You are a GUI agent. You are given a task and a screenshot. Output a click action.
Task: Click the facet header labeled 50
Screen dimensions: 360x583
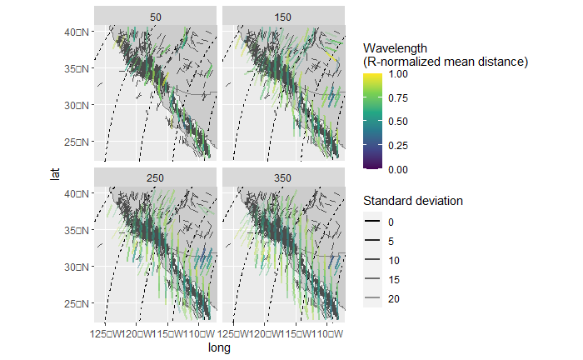(x=156, y=16)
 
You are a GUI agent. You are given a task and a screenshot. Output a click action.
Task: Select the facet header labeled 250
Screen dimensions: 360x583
(x=156, y=178)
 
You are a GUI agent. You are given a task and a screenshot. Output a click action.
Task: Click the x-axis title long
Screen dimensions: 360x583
(x=219, y=349)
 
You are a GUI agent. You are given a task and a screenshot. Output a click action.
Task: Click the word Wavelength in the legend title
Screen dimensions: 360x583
(x=396, y=48)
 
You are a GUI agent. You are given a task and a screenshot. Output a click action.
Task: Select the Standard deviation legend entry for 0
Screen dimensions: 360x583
(x=374, y=222)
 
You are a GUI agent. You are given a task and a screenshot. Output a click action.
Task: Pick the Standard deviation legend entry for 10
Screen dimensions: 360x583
(x=374, y=260)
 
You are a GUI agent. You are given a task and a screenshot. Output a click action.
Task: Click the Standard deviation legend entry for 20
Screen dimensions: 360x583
(x=374, y=298)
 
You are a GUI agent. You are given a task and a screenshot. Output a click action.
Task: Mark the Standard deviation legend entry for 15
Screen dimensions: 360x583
(x=374, y=279)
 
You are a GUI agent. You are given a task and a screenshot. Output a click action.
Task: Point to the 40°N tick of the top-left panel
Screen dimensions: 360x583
(x=78, y=32)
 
